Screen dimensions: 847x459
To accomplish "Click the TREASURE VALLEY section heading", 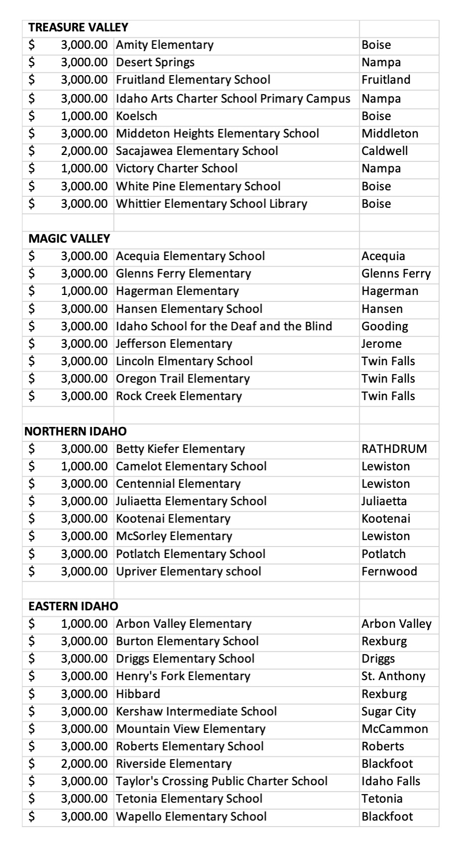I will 78,27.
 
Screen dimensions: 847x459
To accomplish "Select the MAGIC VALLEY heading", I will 69,239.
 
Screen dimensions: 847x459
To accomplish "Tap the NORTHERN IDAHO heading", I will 75,431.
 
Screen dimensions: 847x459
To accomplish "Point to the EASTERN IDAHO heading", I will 73,606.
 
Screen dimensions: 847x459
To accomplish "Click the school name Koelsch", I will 136,116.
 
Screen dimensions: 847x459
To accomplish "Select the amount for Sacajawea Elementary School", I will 84,151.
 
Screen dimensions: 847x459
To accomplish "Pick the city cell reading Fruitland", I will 386,80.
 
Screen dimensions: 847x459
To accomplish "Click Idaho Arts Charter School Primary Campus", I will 233,99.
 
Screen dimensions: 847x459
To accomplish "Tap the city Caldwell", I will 384,151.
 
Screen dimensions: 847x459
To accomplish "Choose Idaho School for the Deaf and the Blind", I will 224,326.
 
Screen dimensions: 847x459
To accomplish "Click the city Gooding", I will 384,326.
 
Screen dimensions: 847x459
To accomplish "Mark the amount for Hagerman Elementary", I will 84,291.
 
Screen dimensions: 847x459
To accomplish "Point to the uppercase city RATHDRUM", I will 394,449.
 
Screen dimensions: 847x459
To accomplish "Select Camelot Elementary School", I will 191,466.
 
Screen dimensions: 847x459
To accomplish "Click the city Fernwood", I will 389,571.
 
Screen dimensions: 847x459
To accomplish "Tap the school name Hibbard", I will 138,694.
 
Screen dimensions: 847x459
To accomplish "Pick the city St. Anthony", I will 393,676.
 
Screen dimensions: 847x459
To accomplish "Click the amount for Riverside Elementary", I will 84,764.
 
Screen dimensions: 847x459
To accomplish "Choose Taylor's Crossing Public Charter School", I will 222,781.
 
